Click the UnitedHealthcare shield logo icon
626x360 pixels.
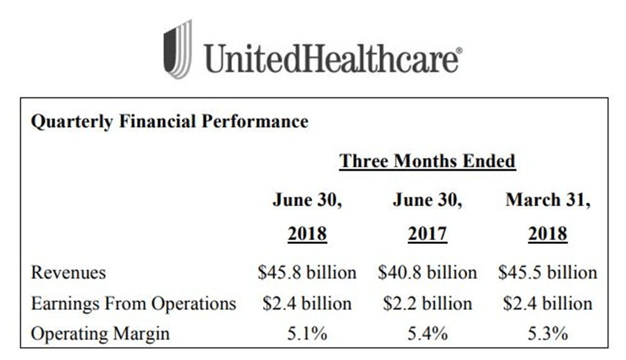point(177,49)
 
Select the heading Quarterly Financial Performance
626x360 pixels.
point(169,121)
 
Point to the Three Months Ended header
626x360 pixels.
point(427,161)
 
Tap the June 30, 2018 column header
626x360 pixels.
point(307,217)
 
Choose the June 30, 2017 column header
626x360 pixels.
point(427,217)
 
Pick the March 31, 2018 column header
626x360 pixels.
point(548,217)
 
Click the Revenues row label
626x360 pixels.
point(68,272)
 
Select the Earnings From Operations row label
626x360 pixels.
point(133,304)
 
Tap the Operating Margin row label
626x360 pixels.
point(100,334)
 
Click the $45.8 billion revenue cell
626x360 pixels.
point(307,272)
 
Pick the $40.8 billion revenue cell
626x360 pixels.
point(427,272)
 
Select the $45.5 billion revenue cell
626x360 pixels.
point(548,272)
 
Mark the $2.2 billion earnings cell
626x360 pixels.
point(427,304)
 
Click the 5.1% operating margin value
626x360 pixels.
point(307,334)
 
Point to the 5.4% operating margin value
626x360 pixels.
point(427,334)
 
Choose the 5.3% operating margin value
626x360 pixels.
point(548,334)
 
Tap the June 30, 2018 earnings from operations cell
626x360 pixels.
point(307,304)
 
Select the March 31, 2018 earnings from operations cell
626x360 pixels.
point(548,304)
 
